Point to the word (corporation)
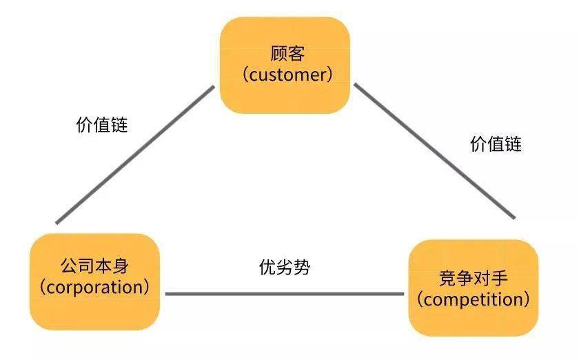click(94, 286)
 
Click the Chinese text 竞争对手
click(473, 278)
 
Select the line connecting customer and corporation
click(134, 155)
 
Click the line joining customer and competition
click(434, 151)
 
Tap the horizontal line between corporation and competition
click(284, 294)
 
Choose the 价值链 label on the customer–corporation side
click(102, 126)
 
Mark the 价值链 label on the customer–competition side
click(496, 143)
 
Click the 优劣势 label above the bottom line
click(284, 267)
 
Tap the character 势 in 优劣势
click(302, 267)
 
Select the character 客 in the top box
click(296, 53)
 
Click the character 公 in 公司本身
click(68, 266)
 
